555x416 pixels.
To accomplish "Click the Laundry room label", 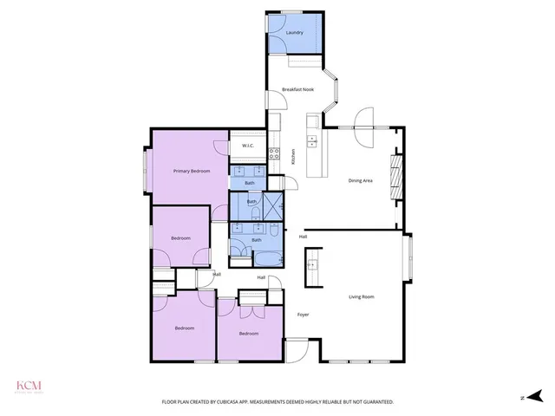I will point(295,33).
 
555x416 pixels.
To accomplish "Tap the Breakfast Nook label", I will point(297,89).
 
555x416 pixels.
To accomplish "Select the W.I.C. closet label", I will point(247,145).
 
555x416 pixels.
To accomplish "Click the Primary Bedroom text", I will point(192,172).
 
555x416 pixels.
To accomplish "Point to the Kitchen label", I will point(294,157).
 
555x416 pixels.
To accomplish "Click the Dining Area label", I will point(361,180).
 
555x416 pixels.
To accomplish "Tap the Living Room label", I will point(362,297).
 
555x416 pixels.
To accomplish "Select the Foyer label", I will point(304,314).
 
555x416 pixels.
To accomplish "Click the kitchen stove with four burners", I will point(274,154).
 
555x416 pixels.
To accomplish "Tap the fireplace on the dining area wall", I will point(398,177).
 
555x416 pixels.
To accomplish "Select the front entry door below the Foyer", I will point(297,351).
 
